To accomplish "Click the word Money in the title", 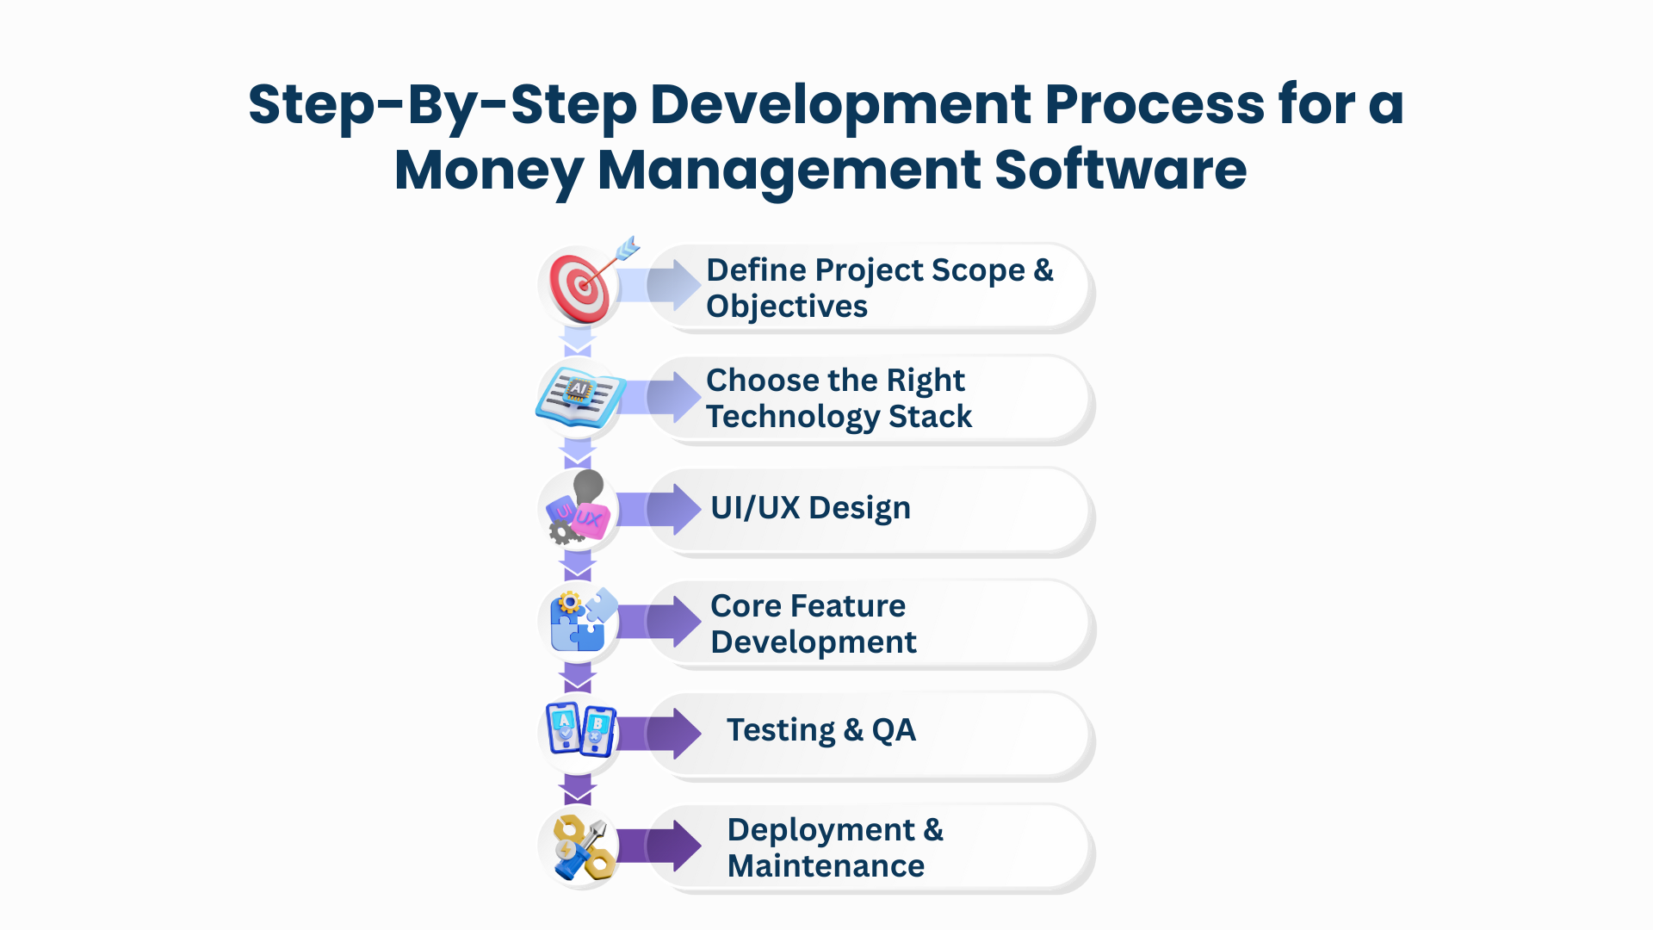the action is click(488, 170).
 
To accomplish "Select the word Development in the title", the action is click(840, 105).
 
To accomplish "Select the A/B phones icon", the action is click(581, 729).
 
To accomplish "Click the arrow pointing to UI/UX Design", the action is click(659, 509).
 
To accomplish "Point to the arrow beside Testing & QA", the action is click(659, 734).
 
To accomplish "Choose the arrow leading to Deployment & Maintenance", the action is click(659, 846).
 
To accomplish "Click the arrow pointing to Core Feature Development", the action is click(659, 621).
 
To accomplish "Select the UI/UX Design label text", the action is click(810, 508).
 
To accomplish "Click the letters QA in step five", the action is click(894, 730).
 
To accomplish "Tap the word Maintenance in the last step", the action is click(826, 866).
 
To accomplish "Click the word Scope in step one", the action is click(978, 271).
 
